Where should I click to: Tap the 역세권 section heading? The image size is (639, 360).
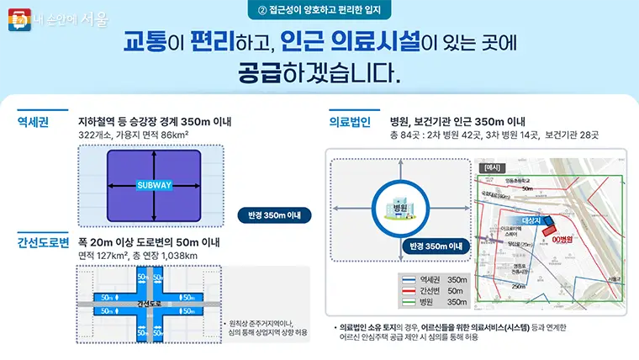[x=34, y=122]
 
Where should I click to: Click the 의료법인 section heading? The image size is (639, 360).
[x=350, y=122]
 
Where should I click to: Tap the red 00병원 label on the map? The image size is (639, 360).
[x=562, y=238]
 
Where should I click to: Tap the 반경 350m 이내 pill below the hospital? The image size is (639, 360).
[x=434, y=246]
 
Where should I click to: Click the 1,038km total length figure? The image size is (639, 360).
[x=178, y=256]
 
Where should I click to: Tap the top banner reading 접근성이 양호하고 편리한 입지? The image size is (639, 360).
[x=319, y=10]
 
